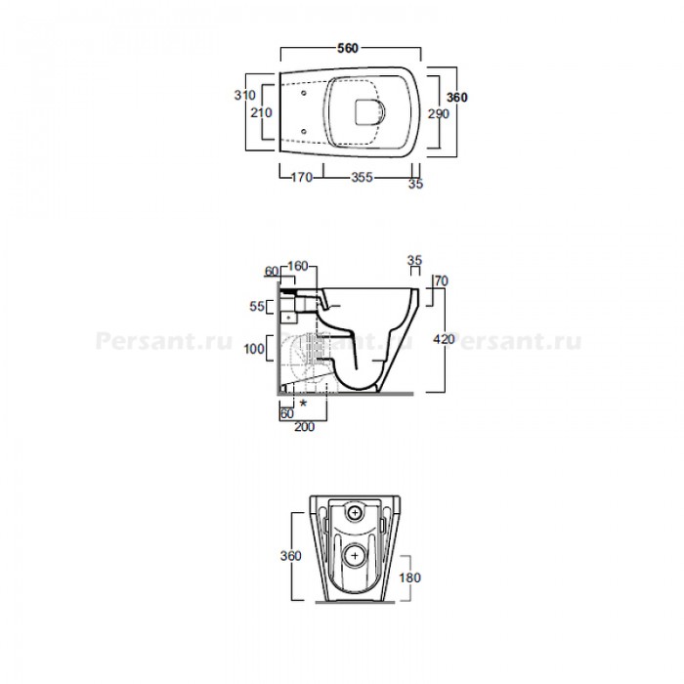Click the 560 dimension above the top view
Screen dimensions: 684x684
348,48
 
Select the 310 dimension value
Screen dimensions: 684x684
244,95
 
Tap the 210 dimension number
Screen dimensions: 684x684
261,112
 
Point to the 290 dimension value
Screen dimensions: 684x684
438,114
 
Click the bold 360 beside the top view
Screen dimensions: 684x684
456,98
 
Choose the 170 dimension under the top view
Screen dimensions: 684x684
302,177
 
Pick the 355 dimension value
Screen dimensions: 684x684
363,177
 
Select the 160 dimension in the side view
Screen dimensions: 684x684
298,266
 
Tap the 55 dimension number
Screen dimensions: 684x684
256,306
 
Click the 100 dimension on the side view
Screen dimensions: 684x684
254,349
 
